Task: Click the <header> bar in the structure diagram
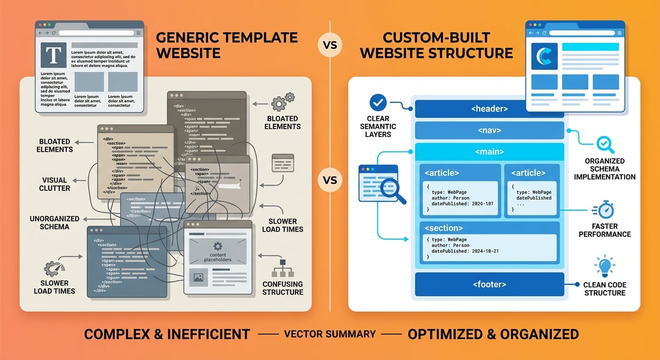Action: pyautogui.click(x=469, y=109)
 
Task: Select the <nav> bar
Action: pyautogui.click(x=489, y=130)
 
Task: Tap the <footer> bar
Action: pyautogui.click(x=489, y=284)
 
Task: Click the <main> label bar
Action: pyautogui.click(x=489, y=152)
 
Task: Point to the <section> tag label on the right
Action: pyautogui.click(x=443, y=228)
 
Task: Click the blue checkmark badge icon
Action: pyautogui.click(x=378, y=102)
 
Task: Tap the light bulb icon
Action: pyautogui.click(x=605, y=265)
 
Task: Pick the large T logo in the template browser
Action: pyautogui.click(x=54, y=55)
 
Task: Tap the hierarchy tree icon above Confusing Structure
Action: pyautogui.click(x=282, y=268)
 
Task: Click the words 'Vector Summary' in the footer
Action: pyautogui.click(x=330, y=334)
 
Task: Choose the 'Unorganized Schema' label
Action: pyautogui.click(x=54, y=223)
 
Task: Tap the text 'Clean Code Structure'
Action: pyautogui.click(x=604, y=289)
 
